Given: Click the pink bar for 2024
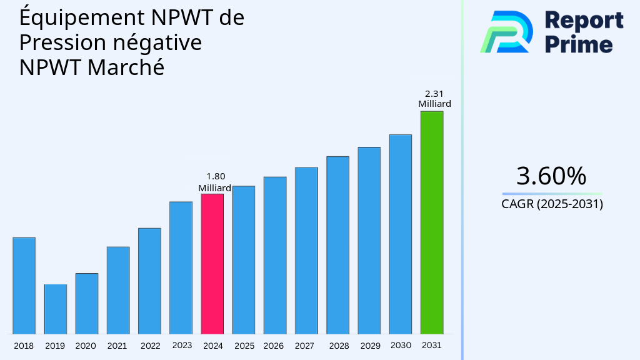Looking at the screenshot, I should (x=212, y=264).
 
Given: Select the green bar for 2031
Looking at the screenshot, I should (x=431, y=222).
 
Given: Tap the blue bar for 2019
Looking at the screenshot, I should (x=55, y=309).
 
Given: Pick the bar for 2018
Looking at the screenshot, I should (x=24, y=286).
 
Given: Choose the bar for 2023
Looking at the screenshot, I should (x=181, y=267).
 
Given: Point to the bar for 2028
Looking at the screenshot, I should (x=337, y=245).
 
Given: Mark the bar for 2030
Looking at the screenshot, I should (x=400, y=234).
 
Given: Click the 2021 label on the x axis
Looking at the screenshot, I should (x=117, y=346).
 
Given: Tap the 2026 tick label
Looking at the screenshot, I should (x=274, y=346).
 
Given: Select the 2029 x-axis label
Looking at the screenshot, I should (x=370, y=346).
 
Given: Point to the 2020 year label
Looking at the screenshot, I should (x=86, y=346).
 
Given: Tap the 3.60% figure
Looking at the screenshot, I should (x=552, y=176).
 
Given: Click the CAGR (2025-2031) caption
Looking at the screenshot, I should (x=552, y=204).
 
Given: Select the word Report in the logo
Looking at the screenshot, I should (x=584, y=21).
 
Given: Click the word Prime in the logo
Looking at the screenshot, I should (x=579, y=44).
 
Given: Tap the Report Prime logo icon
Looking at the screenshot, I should (x=507, y=31).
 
